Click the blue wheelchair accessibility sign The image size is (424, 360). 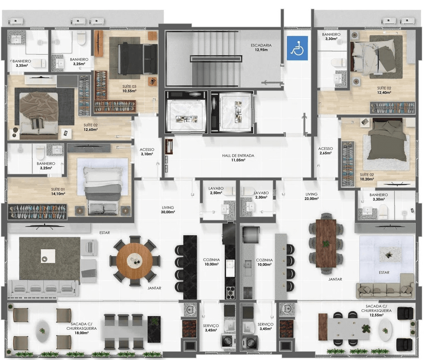click(x=297, y=48)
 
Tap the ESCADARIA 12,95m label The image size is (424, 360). click(x=261, y=48)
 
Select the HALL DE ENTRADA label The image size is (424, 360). click(x=238, y=155)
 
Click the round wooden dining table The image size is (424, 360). click(x=135, y=261)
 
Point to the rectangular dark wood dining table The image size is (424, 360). click(x=326, y=244)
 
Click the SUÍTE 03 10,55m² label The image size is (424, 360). click(x=129, y=89)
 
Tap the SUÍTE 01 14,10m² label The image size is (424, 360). click(x=58, y=191)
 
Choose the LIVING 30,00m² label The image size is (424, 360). click(x=168, y=210)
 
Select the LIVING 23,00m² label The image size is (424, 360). click(x=311, y=196)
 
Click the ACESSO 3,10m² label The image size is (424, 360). click(x=147, y=152)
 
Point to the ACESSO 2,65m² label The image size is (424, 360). click(x=325, y=151)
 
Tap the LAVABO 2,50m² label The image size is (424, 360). click(x=216, y=191)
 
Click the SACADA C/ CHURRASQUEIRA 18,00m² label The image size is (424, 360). click(x=82, y=328)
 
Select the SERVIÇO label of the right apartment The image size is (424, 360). click(x=265, y=324)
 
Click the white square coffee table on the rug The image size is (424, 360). click(x=48, y=256)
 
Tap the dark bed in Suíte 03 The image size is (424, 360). click(x=137, y=58)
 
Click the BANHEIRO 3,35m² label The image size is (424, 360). click(x=22, y=63)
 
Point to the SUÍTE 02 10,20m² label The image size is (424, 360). click(x=367, y=177)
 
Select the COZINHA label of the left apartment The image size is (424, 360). click(x=211, y=260)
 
